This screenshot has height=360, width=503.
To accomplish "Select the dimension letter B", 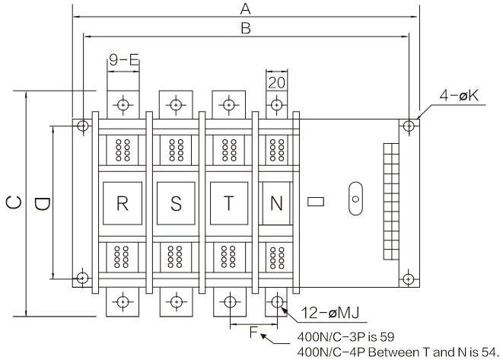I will pyautogui.click(x=245, y=27).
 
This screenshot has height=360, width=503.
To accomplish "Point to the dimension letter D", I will pyautogui.click(x=43, y=204).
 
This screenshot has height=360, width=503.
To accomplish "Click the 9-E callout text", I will pyautogui.click(x=123, y=59).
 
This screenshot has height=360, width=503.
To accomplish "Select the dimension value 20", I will pyautogui.click(x=276, y=81).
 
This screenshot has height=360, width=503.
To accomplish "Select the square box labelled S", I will pyautogui.click(x=175, y=203).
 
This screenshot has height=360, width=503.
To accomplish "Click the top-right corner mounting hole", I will pyautogui.click(x=409, y=124).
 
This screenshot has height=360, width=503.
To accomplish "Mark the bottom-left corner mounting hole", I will pyautogui.click(x=81, y=276).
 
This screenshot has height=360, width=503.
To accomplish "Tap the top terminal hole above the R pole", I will pyautogui.click(x=123, y=105).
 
